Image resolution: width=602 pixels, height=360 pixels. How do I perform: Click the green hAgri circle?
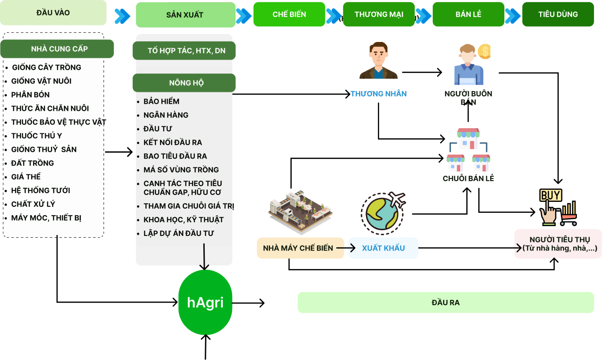click(205, 303)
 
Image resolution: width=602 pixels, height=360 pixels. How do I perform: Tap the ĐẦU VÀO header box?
click(53, 13)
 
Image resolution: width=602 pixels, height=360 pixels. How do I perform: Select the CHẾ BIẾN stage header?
click(289, 14)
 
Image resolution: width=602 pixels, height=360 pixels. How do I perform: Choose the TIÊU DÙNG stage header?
click(558, 14)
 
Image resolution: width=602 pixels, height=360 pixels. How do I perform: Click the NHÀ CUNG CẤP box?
click(57, 49)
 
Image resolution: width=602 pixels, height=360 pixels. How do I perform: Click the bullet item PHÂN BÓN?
click(30, 95)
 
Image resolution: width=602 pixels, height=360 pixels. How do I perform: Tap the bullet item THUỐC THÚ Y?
click(37, 136)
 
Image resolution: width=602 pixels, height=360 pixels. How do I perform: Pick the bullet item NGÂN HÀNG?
click(166, 115)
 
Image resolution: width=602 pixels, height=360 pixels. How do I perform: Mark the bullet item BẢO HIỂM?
click(161, 101)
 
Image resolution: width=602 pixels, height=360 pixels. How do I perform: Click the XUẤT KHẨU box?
click(383, 248)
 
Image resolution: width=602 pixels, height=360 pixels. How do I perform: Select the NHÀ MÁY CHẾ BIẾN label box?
click(298, 248)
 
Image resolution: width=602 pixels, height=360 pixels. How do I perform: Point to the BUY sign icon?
click(550, 195)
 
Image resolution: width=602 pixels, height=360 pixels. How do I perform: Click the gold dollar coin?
click(484, 52)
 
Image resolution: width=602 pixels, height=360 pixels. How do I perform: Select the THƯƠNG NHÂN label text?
click(378, 94)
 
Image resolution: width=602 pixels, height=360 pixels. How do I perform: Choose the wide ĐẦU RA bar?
click(446, 303)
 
